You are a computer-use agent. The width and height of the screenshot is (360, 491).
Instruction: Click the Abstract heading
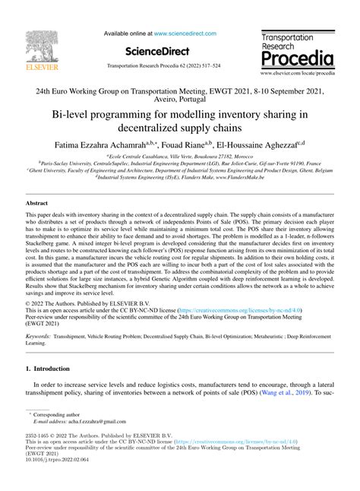click(x=36, y=204)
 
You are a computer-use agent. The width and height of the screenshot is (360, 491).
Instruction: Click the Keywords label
click(x=39, y=334)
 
